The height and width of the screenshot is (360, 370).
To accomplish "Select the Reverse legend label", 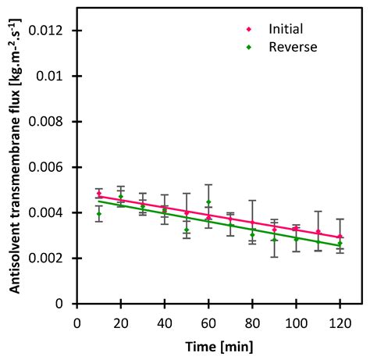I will click(293, 47).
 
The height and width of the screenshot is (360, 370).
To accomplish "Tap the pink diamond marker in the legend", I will click(249, 29).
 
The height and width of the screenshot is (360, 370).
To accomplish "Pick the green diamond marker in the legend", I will click(249, 47).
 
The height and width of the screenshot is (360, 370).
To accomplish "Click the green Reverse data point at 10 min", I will click(98, 213).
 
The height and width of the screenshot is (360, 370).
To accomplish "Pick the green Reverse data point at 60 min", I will click(208, 202).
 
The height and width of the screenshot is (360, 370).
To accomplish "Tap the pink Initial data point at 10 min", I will click(98, 194).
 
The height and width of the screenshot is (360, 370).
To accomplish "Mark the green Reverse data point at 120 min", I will click(340, 243).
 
